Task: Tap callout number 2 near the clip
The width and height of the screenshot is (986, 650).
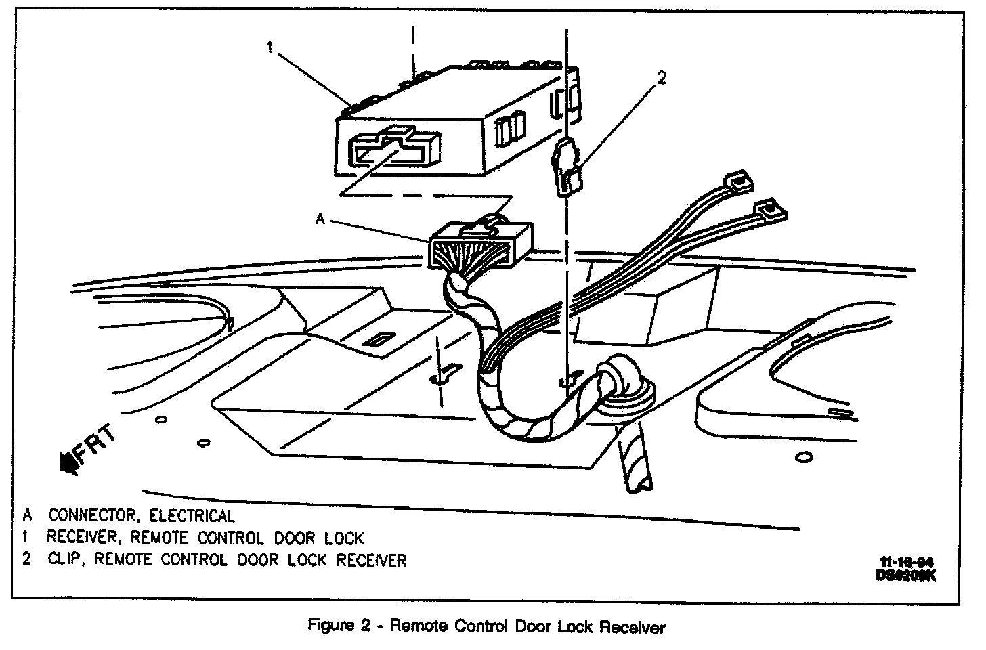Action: [x=661, y=78]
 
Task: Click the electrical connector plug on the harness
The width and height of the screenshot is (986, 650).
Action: [x=479, y=247]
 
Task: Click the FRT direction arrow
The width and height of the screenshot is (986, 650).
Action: [x=68, y=462]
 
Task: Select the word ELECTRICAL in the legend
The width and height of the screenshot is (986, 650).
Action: [x=192, y=516]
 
